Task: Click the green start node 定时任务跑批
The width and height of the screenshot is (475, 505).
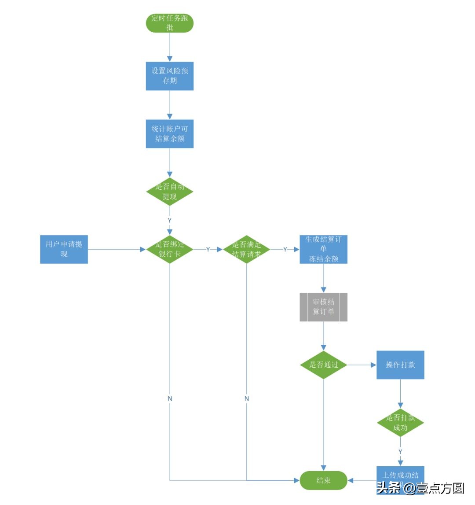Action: click(x=170, y=23)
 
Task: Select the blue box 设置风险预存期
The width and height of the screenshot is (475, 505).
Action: click(x=170, y=76)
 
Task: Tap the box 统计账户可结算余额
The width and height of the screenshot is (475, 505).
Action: click(x=170, y=134)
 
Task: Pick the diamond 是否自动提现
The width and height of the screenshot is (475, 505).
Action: click(x=170, y=192)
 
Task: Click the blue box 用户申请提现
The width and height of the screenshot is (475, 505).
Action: click(x=64, y=249)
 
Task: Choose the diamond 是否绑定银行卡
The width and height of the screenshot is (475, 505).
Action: click(x=170, y=249)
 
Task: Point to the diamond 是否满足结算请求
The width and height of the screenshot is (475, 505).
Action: click(x=247, y=249)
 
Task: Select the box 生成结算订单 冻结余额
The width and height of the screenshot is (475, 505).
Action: click(x=324, y=249)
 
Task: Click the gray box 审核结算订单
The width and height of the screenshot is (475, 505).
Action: click(x=324, y=307)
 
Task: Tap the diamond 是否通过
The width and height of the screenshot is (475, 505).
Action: click(x=324, y=365)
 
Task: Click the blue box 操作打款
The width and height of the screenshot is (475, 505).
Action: click(x=400, y=365)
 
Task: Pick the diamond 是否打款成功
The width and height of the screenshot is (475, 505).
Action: click(x=400, y=423)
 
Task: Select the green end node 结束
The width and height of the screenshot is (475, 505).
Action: click(x=324, y=480)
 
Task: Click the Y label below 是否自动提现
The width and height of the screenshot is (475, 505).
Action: click(x=170, y=220)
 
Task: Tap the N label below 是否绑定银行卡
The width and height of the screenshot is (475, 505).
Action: click(x=170, y=398)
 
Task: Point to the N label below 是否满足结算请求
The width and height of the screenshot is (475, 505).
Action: click(x=247, y=398)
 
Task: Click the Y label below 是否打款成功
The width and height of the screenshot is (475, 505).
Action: click(x=400, y=452)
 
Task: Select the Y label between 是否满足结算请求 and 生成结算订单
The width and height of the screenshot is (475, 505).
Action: click(x=285, y=250)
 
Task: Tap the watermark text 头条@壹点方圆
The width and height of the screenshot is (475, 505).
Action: click(x=420, y=488)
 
